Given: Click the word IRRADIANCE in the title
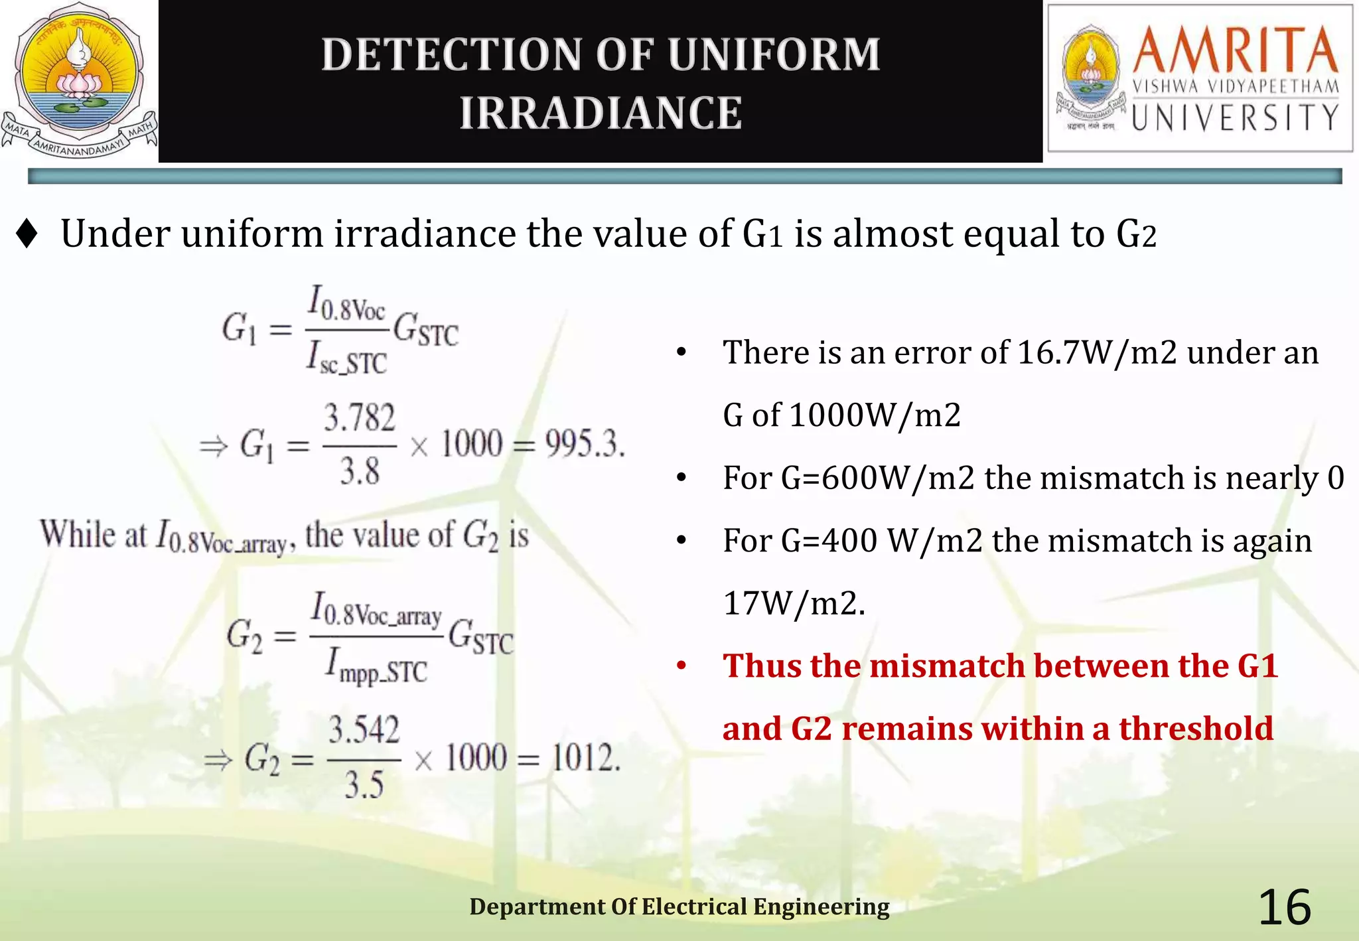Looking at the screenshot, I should pos(601,113).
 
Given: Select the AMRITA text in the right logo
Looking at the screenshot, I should pos(1236,50).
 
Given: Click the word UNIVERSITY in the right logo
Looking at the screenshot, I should pos(1236,118).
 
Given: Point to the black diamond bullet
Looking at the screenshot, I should pos(27,234).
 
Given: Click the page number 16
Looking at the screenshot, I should pos(1285,907).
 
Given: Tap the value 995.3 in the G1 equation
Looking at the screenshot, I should pos(584,443).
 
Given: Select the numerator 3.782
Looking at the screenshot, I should pos(359,418).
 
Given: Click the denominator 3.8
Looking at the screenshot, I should pos(359,471).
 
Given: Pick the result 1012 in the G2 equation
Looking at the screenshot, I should pos(585,757).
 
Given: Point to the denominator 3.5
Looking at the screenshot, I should pos(364,786).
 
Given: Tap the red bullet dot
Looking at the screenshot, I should pos(681,666).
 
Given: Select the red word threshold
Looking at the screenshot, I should pos(1196,729).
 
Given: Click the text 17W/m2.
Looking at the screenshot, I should pos(794,603).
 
